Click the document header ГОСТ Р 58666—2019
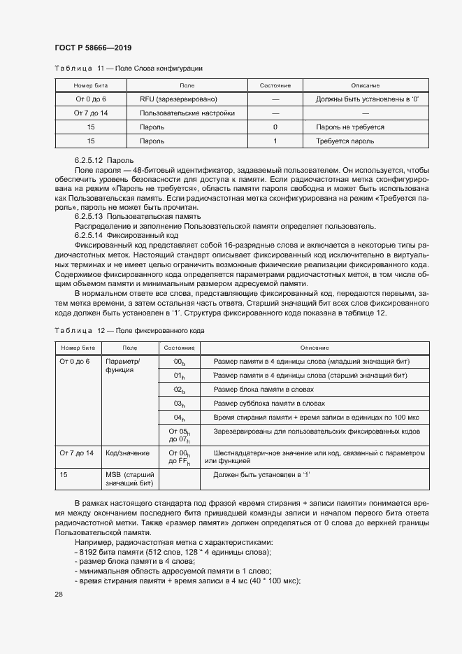tap(93, 48)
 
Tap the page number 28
tap(59, 594)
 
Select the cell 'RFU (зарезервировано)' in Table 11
tap(178, 99)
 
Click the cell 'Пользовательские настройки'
tap(187, 113)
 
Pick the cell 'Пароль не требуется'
tap(350, 127)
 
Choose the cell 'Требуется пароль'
tap(345, 141)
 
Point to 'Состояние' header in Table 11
tap(275, 85)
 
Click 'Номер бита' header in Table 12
tap(78, 348)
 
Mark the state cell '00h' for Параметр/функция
tap(179, 362)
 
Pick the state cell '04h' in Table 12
tap(179, 418)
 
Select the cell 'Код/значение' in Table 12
tap(124, 454)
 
